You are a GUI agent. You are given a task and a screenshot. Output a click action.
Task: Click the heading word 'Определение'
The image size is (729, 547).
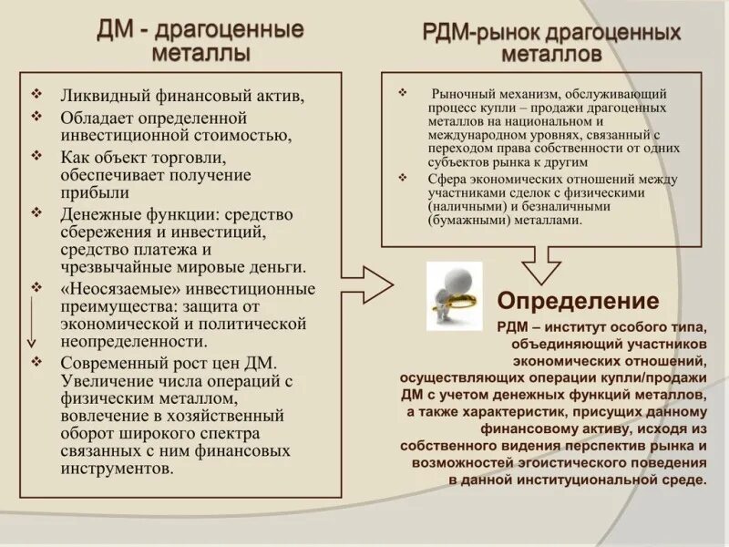[578, 301]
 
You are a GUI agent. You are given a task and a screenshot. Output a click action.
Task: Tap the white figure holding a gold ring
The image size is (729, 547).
[452, 292]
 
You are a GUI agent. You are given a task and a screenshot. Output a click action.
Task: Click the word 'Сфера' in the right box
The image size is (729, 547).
[448, 179]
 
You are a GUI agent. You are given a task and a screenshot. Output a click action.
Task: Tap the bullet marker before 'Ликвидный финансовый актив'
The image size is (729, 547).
[36, 94]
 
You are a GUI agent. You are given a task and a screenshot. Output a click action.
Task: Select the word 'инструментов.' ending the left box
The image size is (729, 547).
[116, 469]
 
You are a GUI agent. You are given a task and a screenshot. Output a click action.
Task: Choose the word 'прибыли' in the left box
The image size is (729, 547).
[94, 193]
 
